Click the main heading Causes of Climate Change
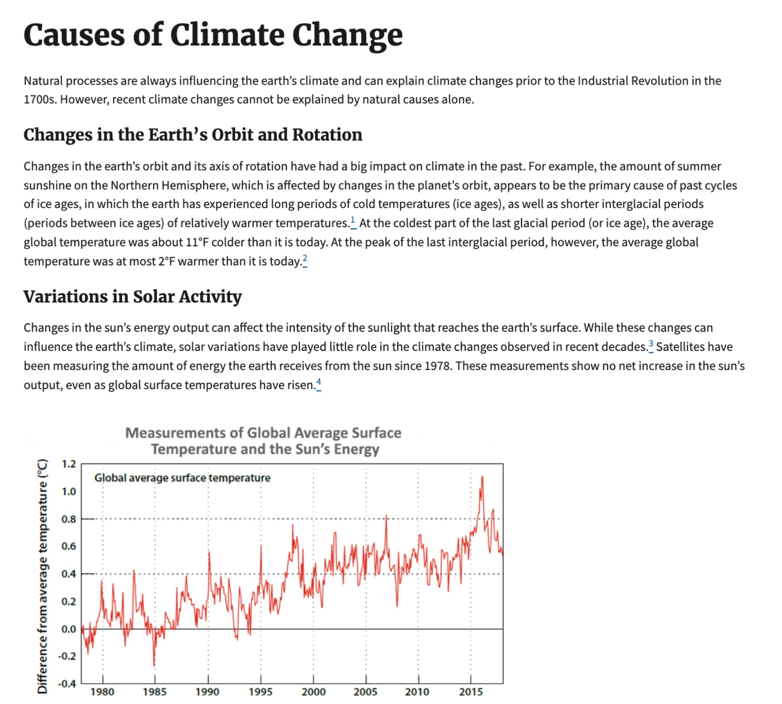pos(213,35)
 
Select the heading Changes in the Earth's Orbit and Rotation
pos(193,135)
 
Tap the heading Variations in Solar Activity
pos(132,297)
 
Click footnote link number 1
pos(353,221)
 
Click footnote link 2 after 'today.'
pos(305,259)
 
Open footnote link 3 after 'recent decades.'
pos(651,345)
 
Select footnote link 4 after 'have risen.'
pos(319,383)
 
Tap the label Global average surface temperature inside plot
pos(182,478)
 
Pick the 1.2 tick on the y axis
pos(69,464)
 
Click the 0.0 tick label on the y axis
pos(69,629)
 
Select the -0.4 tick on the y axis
pos(67,683)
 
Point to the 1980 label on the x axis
pos(102,692)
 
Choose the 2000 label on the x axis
pos(313,692)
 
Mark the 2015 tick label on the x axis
pos(471,692)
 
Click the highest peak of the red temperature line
pos(482,477)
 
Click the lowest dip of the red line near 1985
pos(154,665)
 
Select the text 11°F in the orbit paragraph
pos(198,242)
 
